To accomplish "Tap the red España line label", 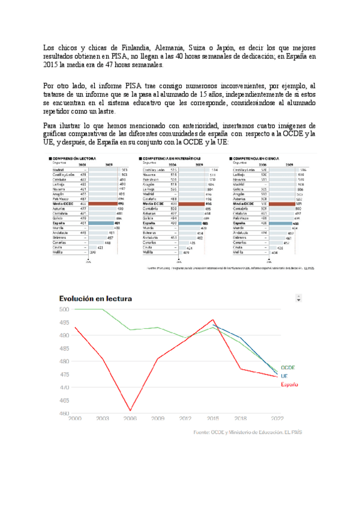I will [290, 384].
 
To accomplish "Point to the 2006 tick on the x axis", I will [130, 418].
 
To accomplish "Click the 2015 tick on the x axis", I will [213, 418].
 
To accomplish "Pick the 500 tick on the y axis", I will [64, 309].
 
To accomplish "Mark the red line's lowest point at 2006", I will [130, 411].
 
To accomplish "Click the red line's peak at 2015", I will [213, 320].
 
